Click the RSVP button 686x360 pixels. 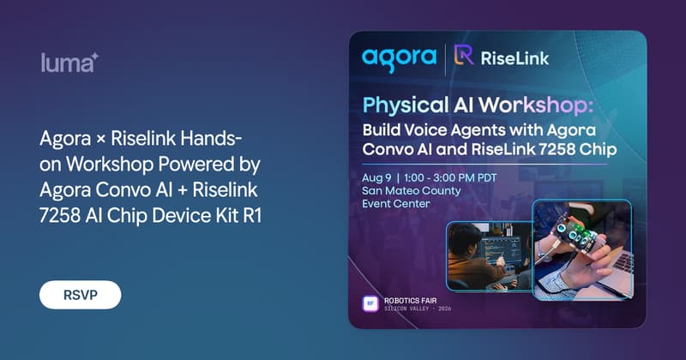point(80,295)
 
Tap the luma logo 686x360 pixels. point(69,63)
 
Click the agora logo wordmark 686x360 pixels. point(400,58)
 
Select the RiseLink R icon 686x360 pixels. point(464,55)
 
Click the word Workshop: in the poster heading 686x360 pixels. point(536,105)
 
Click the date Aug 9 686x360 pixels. point(376,178)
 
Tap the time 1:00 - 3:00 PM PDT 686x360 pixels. point(450,178)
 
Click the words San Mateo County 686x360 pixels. point(412,191)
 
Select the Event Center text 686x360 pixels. point(396,204)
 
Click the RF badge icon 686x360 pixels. point(370,303)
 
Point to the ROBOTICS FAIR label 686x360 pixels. point(411,301)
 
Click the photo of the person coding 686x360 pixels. point(489,256)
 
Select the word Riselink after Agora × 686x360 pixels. point(143,139)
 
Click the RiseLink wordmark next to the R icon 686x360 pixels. point(514,58)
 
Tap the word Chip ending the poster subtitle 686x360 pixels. point(598,150)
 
